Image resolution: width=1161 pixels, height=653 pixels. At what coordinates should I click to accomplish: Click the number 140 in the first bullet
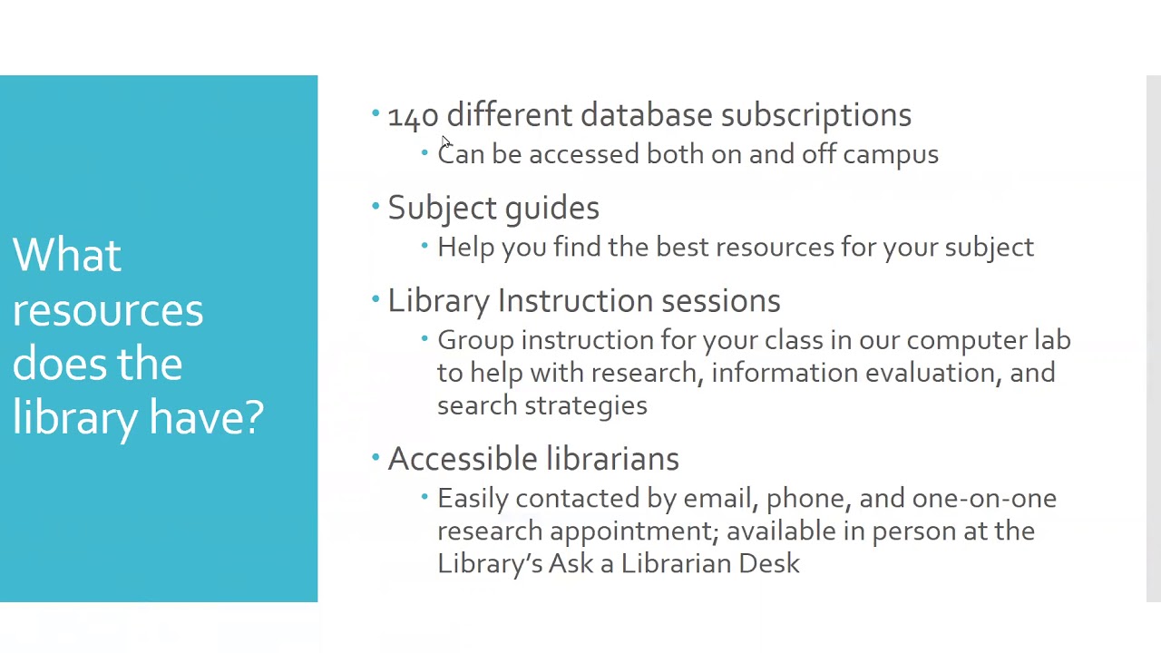pos(413,116)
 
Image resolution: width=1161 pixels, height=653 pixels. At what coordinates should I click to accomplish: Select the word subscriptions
pos(815,116)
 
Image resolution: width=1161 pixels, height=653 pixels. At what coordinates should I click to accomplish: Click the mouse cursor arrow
pos(446,143)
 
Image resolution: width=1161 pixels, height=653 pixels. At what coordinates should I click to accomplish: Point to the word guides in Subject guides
pos(551,209)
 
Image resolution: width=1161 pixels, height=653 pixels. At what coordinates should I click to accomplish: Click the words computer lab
pos(988,340)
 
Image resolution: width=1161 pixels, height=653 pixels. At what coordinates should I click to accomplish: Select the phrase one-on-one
pos(983,499)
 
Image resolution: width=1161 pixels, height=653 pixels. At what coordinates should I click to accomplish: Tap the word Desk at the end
pos(768,563)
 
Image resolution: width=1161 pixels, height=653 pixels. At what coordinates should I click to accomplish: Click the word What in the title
pos(66,256)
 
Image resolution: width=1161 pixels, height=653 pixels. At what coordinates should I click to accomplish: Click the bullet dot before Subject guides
pos(376,207)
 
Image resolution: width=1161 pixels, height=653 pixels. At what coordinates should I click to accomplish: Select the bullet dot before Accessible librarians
pos(376,458)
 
